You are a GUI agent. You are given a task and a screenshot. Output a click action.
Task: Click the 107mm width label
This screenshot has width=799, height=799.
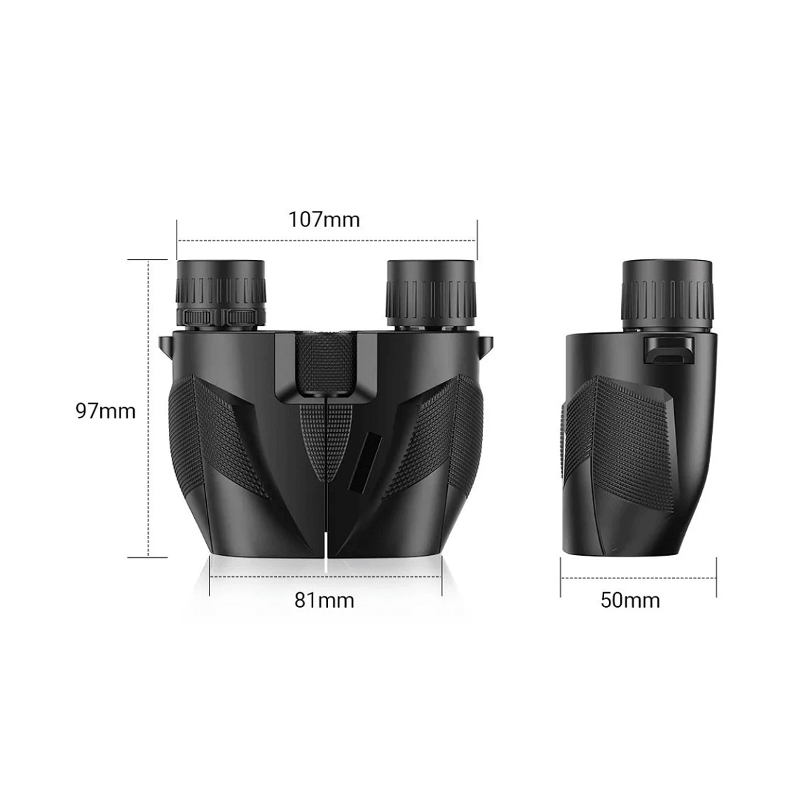click(324, 220)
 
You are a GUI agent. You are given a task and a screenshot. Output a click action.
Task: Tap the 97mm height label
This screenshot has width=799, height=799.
click(106, 410)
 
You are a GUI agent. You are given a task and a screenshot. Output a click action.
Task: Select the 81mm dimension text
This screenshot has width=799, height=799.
click(324, 600)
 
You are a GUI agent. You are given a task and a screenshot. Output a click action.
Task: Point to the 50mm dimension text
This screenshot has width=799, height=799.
click(630, 600)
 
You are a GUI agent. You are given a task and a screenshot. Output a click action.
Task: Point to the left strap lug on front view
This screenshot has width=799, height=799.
click(165, 345)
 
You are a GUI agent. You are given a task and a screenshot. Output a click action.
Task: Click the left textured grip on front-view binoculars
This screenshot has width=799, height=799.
click(203, 428)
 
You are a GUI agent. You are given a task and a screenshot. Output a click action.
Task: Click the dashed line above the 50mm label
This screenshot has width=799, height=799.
click(638, 578)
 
